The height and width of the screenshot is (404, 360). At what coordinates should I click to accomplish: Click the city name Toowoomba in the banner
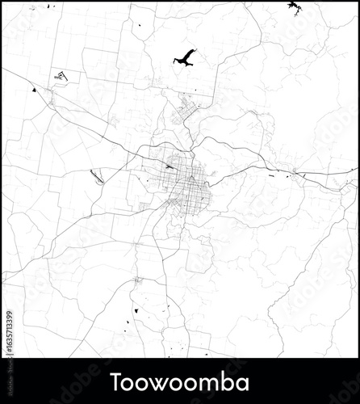(180, 381)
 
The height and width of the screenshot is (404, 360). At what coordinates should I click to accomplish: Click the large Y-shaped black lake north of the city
(185, 58)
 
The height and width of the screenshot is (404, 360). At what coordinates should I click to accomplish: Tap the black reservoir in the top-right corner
(292, 7)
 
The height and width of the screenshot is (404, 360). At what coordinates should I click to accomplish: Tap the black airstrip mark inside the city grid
(169, 167)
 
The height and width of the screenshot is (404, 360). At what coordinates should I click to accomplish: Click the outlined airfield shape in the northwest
(61, 75)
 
